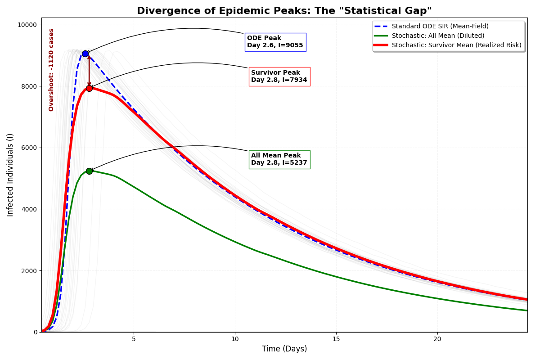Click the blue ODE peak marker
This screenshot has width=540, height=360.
pyautogui.click(x=85, y=54)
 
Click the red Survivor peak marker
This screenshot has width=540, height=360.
pyautogui.click(x=89, y=88)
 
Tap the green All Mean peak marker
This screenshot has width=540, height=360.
pyautogui.click(x=89, y=171)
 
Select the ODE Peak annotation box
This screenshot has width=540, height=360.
pyautogui.click(x=275, y=42)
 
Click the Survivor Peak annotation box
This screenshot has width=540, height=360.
pyautogui.click(x=279, y=76)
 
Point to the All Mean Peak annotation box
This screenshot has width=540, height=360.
pyautogui.click(x=279, y=159)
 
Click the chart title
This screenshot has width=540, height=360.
pyautogui.click(x=284, y=11)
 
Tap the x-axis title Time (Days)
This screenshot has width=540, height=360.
pyautogui.click(x=284, y=349)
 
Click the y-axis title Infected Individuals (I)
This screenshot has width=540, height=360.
pyautogui.click(x=10, y=175)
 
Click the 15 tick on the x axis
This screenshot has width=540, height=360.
pyautogui.click(x=336, y=338)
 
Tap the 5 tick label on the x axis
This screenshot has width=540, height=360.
pyautogui.click(x=134, y=338)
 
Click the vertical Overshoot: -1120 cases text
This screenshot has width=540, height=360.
pyautogui.click(x=51, y=70)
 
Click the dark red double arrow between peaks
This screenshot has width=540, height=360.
pyautogui.click(x=89, y=71)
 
